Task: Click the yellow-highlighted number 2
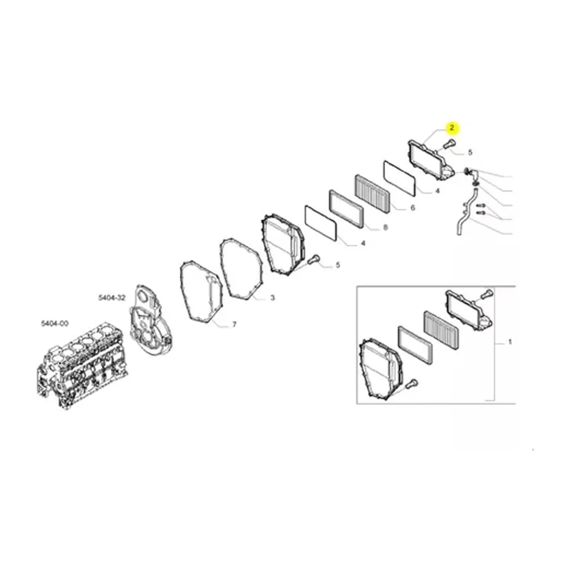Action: click(452, 128)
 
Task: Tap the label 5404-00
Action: click(55, 323)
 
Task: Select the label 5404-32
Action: click(112, 298)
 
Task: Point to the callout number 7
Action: click(234, 324)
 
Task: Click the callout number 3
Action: click(272, 298)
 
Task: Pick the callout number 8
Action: click(385, 228)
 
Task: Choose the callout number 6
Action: click(413, 208)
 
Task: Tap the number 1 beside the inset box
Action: click(510, 342)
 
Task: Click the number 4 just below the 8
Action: click(363, 243)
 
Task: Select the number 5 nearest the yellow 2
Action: click(470, 152)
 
